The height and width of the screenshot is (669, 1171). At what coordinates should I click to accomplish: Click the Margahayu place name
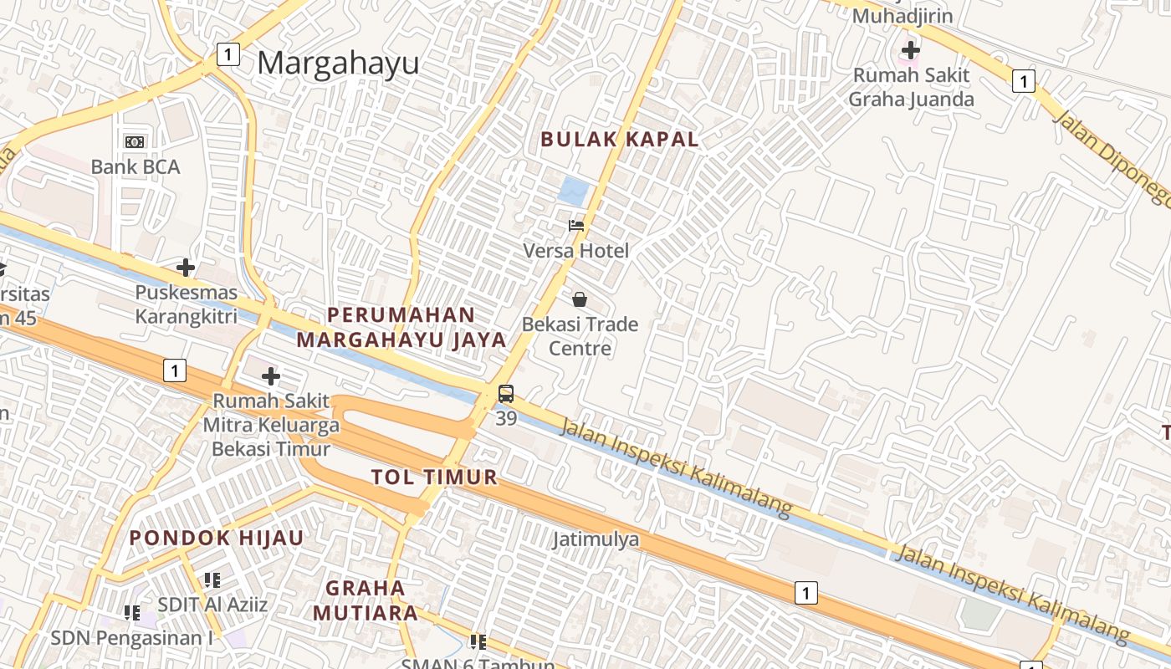(x=338, y=64)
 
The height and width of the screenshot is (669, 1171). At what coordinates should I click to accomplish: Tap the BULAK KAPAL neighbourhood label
(x=619, y=140)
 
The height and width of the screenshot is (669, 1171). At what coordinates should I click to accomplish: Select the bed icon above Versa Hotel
(x=576, y=225)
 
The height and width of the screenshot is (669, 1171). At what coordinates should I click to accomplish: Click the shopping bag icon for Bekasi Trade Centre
(x=580, y=299)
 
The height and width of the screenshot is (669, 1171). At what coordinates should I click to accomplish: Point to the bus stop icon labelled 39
(x=506, y=394)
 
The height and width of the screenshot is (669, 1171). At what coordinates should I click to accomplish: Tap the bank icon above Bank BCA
(x=135, y=142)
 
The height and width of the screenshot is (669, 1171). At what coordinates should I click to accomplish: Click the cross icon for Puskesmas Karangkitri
(x=186, y=268)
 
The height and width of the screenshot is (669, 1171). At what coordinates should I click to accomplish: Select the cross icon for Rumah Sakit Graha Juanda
(x=911, y=50)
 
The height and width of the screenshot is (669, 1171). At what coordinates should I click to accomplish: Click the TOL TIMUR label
(x=434, y=477)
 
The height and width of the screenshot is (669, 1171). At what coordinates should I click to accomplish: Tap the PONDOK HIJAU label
(x=216, y=538)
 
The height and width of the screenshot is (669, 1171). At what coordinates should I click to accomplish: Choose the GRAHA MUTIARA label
(x=366, y=600)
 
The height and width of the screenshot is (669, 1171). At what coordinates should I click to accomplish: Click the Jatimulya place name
(x=596, y=539)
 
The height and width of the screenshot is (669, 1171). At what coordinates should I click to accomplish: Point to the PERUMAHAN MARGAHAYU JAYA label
(x=401, y=327)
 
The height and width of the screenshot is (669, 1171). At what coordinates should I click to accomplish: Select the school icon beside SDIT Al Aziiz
(x=212, y=580)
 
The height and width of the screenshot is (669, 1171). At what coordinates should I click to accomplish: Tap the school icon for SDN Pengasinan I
(x=132, y=613)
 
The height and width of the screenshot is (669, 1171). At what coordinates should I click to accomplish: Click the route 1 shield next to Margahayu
(x=228, y=54)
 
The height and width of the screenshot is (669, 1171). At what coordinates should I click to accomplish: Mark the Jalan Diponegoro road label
(x=1112, y=159)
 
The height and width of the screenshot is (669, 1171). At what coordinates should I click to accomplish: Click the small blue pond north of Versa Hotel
(x=573, y=192)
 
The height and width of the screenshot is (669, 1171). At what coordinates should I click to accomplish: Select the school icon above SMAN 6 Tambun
(x=478, y=642)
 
